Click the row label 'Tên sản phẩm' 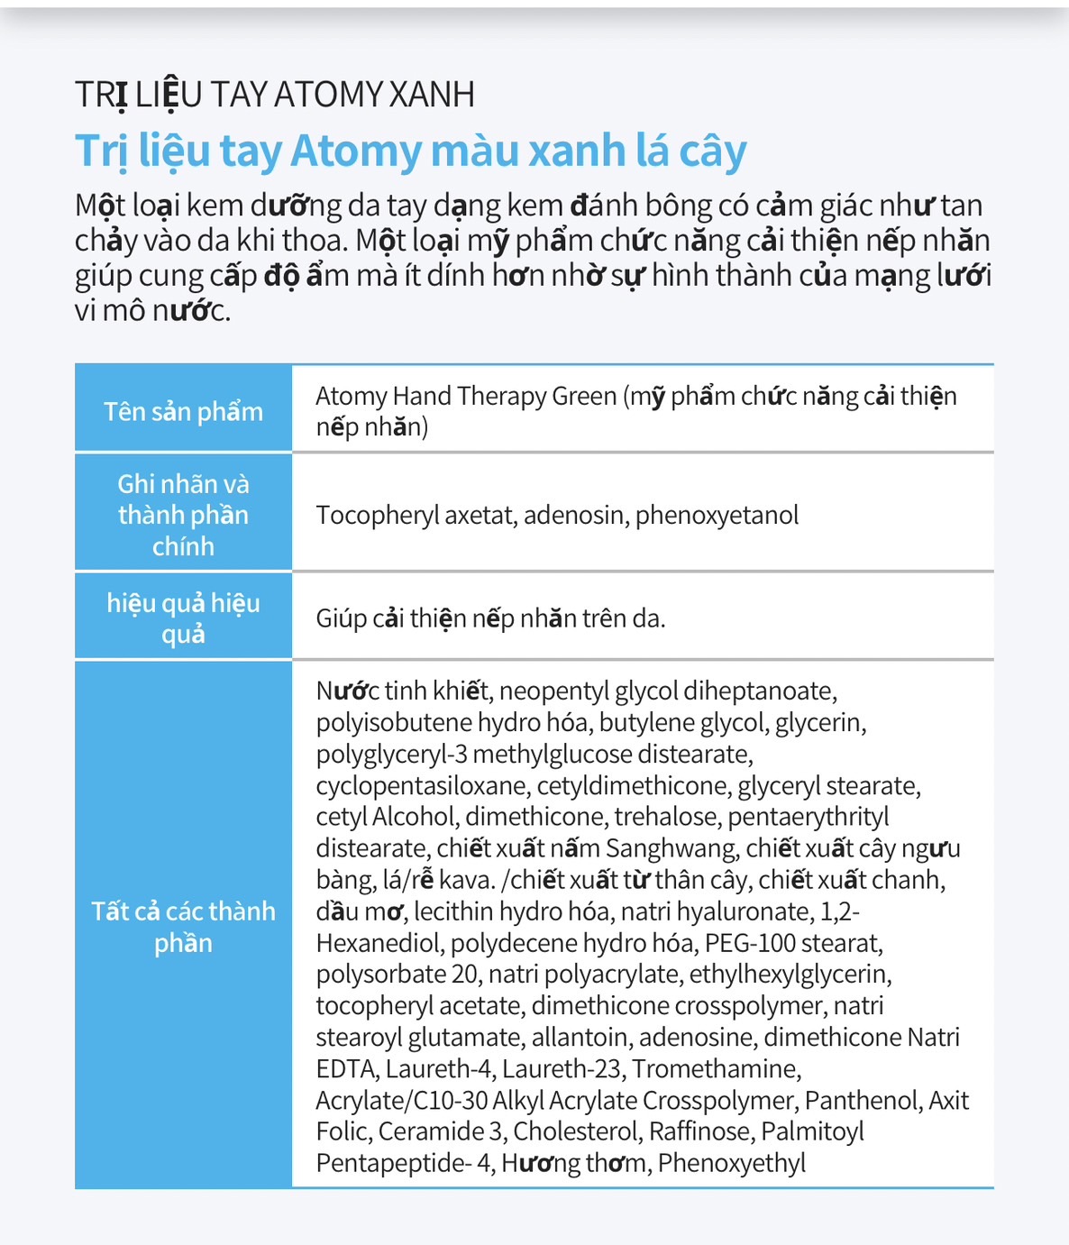pyautogui.click(x=183, y=411)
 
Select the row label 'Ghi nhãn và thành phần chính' pyautogui.click(x=183, y=515)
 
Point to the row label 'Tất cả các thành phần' pyautogui.click(x=183, y=927)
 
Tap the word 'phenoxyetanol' pyautogui.click(x=717, y=515)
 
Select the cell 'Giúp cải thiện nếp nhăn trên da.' pyautogui.click(x=490, y=618)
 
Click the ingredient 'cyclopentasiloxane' pyautogui.click(x=421, y=785)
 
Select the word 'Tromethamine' pyautogui.click(x=716, y=1069)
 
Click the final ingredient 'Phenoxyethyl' pyautogui.click(x=731, y=1164)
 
